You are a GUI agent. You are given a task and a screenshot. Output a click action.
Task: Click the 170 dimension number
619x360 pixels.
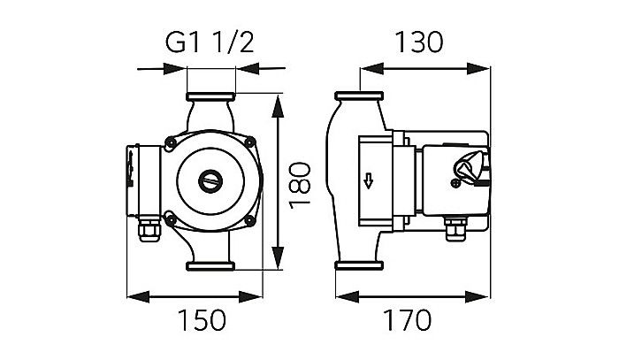tap(414, 318)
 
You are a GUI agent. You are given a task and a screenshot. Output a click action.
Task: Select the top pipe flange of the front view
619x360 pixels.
tap(211, 97)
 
